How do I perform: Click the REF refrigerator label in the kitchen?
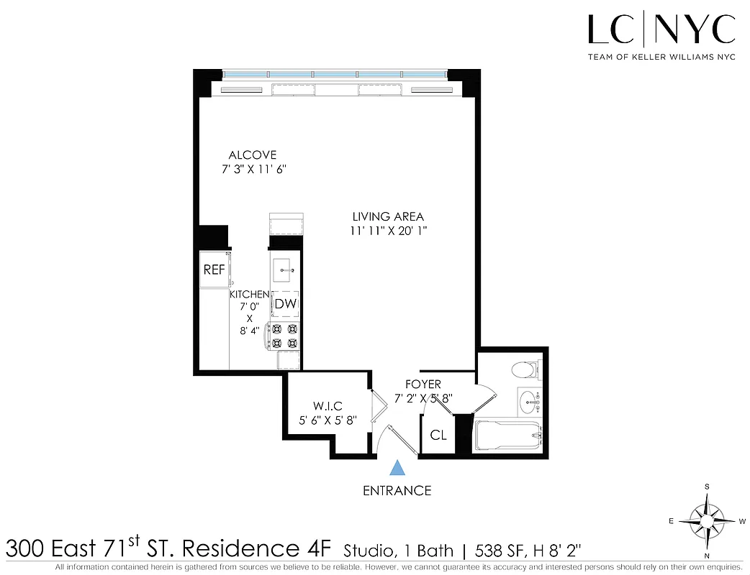tap(214, 270)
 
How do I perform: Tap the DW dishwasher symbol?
tap(285, 304)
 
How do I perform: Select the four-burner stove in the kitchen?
tap(284, 336)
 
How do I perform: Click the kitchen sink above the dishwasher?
tap(285, 270)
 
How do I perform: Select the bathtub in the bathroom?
tap(507, 436)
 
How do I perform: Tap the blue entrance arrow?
tap(397, 469)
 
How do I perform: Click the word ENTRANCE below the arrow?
tap(397, 491)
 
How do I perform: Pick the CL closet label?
tap(438, 435)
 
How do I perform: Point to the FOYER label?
tap(423, 385)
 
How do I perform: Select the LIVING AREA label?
tap(388, 216)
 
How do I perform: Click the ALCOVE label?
tap(252, 155)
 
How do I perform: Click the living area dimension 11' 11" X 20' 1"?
tap(389, 231)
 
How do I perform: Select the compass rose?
tap(708, 520)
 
